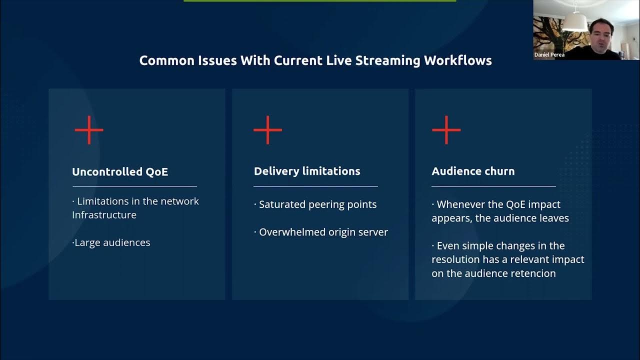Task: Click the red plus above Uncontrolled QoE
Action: pos(89,130)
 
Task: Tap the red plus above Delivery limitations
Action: pos(267,130)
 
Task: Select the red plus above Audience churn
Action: pos(446,130)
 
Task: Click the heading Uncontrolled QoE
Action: pos(120,172)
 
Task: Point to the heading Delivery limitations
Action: pos(307,171)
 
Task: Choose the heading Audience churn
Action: pos(473,171)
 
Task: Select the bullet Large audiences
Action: pos(112,242)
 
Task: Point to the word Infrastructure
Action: pos(104,215)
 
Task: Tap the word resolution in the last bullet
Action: pos(455,259)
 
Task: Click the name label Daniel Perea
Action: pos(549,55)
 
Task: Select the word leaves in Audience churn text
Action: pos(553,218)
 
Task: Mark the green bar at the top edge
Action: pos(320,1)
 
